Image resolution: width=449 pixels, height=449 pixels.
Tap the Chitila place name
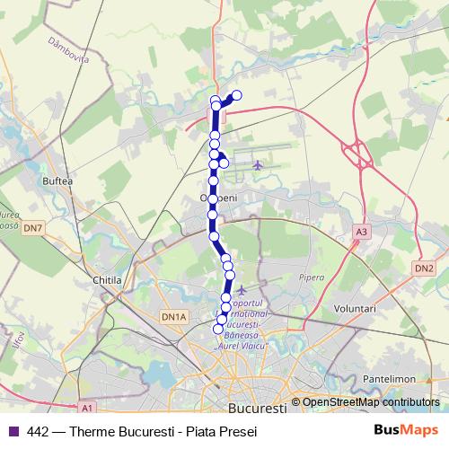[x=107, y=280]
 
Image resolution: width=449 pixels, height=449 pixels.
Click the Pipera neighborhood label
[x=313, y=277]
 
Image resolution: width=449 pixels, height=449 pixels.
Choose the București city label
[x=258, y=409]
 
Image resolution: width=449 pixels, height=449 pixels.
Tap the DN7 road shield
[x=33, y=229]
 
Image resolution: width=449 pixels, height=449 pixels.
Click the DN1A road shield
[x=172, y=316]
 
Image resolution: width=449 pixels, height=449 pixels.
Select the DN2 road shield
[x=424, y=268]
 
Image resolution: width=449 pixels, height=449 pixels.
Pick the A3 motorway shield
[x=361, y=232]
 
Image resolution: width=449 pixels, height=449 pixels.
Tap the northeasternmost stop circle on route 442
[x=237, y=95]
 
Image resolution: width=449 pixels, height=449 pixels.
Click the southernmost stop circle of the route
[x=217, y=329]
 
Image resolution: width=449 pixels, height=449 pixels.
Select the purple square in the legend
[x=13, y=431]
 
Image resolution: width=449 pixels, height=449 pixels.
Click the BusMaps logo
[x=411, y=430]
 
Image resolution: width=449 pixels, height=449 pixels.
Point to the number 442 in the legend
[x=39, y=431]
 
